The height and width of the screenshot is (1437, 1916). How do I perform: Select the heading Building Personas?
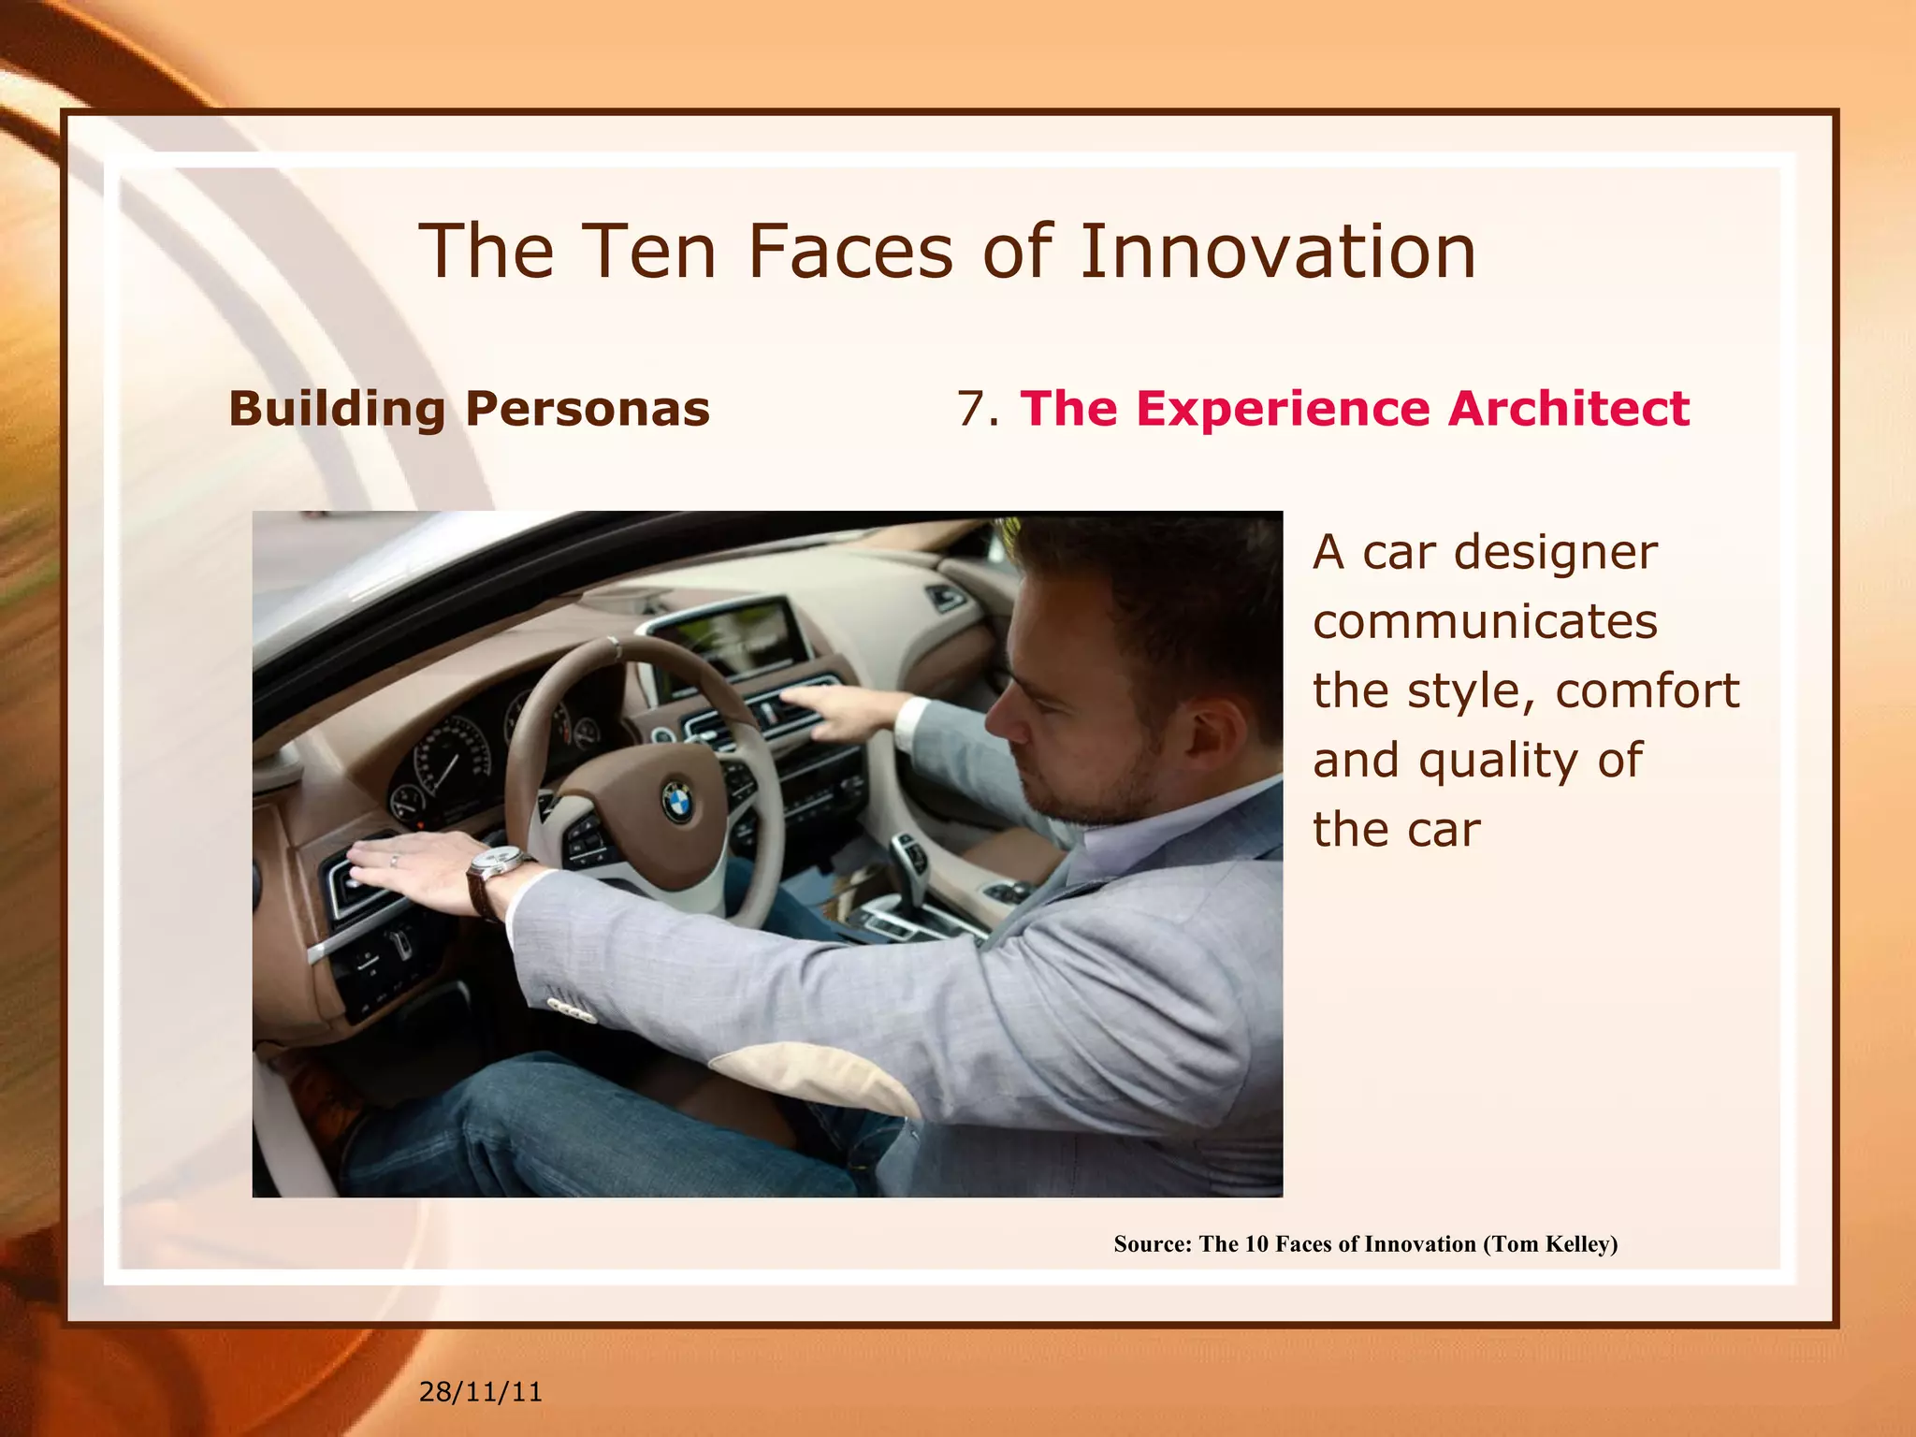click(x=469, y=409)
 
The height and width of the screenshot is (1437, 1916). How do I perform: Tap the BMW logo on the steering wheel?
click(x=677, y=802)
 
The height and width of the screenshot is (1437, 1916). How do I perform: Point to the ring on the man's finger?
click(x=394, y=859)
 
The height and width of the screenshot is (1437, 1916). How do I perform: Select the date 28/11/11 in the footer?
click(x=480, y=1392)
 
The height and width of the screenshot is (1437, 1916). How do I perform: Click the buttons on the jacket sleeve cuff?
click(x=572, y=1010)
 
